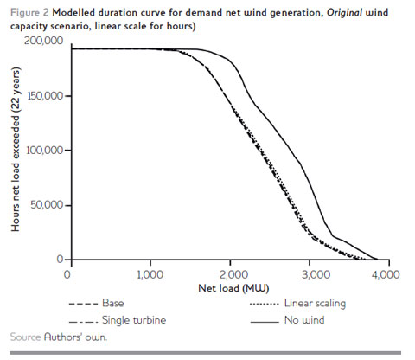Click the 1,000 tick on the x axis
pos(150,273)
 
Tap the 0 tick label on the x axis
pos(67,273)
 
